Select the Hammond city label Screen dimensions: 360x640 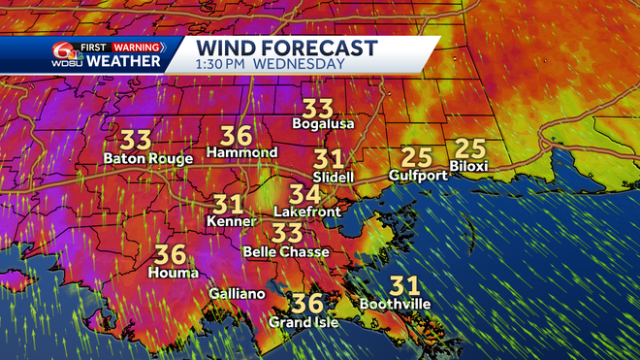pos(242,153)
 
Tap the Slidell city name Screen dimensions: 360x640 pos(334,178)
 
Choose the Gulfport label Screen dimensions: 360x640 pos(418,176)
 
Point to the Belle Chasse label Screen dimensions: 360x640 pos(286,251)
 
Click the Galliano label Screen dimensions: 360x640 pos(237,294)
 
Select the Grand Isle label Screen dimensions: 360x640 pos(304,322)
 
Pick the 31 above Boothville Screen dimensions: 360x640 pos(405,285)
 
